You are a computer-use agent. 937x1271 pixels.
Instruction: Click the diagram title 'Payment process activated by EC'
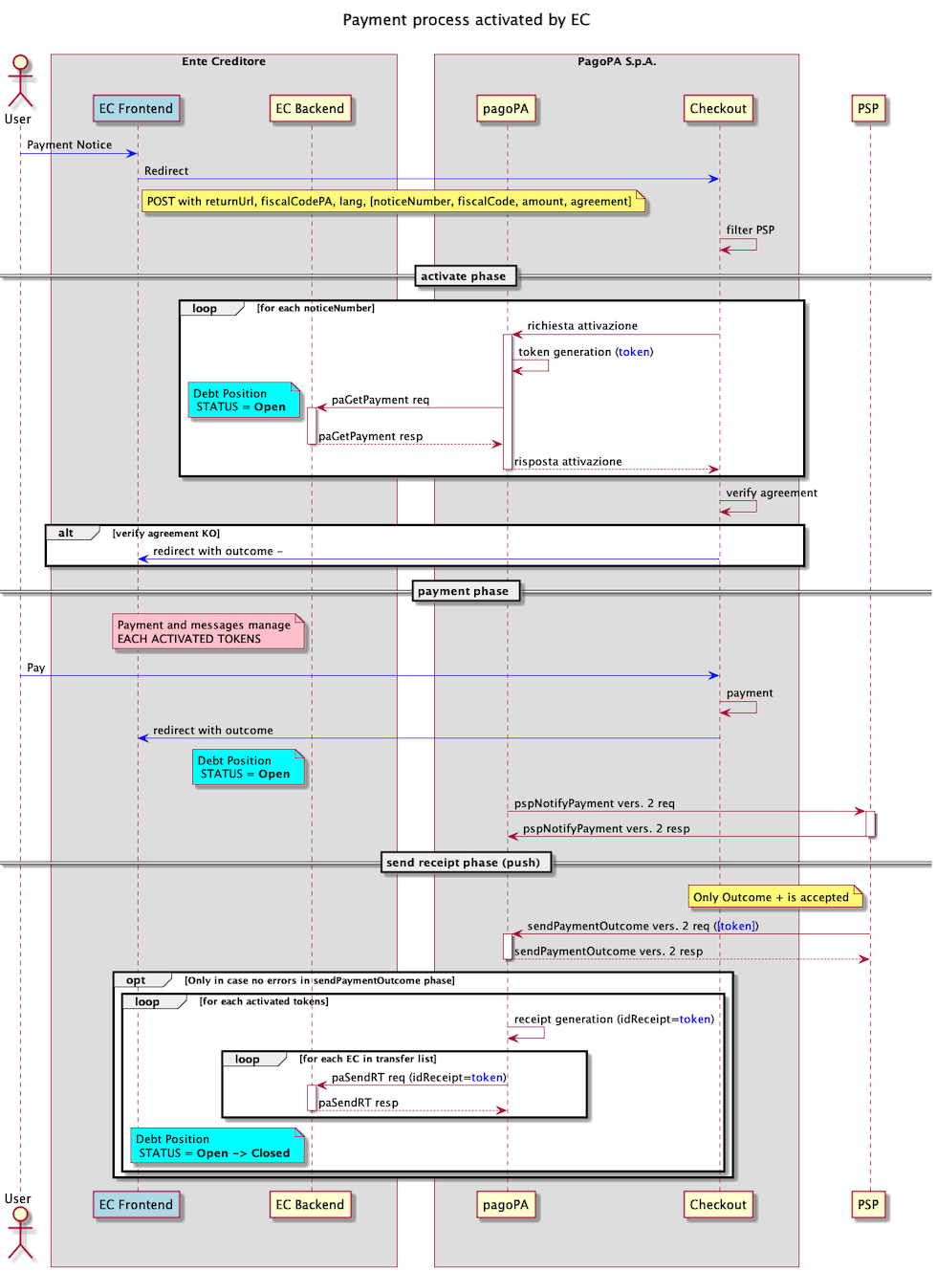[466, 20]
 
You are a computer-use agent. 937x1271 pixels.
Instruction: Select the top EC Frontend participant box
[137, 109]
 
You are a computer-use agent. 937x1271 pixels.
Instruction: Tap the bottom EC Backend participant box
[310, 1205]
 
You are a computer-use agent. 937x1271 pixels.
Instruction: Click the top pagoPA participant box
[506, 109]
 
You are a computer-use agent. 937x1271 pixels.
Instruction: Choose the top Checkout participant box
[718, 109]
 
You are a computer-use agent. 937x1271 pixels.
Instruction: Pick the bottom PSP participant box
[868, 1205]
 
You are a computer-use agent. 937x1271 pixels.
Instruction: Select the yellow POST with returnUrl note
[392, 202]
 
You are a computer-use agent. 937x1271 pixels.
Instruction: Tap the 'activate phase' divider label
[464, 276]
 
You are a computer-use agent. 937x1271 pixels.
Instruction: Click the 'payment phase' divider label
[464, 591]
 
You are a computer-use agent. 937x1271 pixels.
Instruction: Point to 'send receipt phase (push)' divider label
[464, 863]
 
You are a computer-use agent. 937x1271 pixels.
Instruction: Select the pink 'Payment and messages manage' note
[207, 632]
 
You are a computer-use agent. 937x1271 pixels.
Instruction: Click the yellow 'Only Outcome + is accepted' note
[774, 897]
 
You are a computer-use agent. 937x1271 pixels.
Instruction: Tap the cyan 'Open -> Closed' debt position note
[215, 1146]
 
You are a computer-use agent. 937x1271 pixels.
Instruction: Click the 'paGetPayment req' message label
[381, 400]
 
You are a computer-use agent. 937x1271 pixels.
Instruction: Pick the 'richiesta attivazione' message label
[582, 326]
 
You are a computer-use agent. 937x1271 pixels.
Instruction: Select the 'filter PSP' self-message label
[751, 230]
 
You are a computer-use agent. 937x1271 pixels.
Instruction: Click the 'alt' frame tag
[67, 534]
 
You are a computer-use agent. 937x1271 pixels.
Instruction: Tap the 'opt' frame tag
[137, 980]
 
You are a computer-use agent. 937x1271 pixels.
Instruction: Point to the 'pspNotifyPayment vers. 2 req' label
[595, 804]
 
